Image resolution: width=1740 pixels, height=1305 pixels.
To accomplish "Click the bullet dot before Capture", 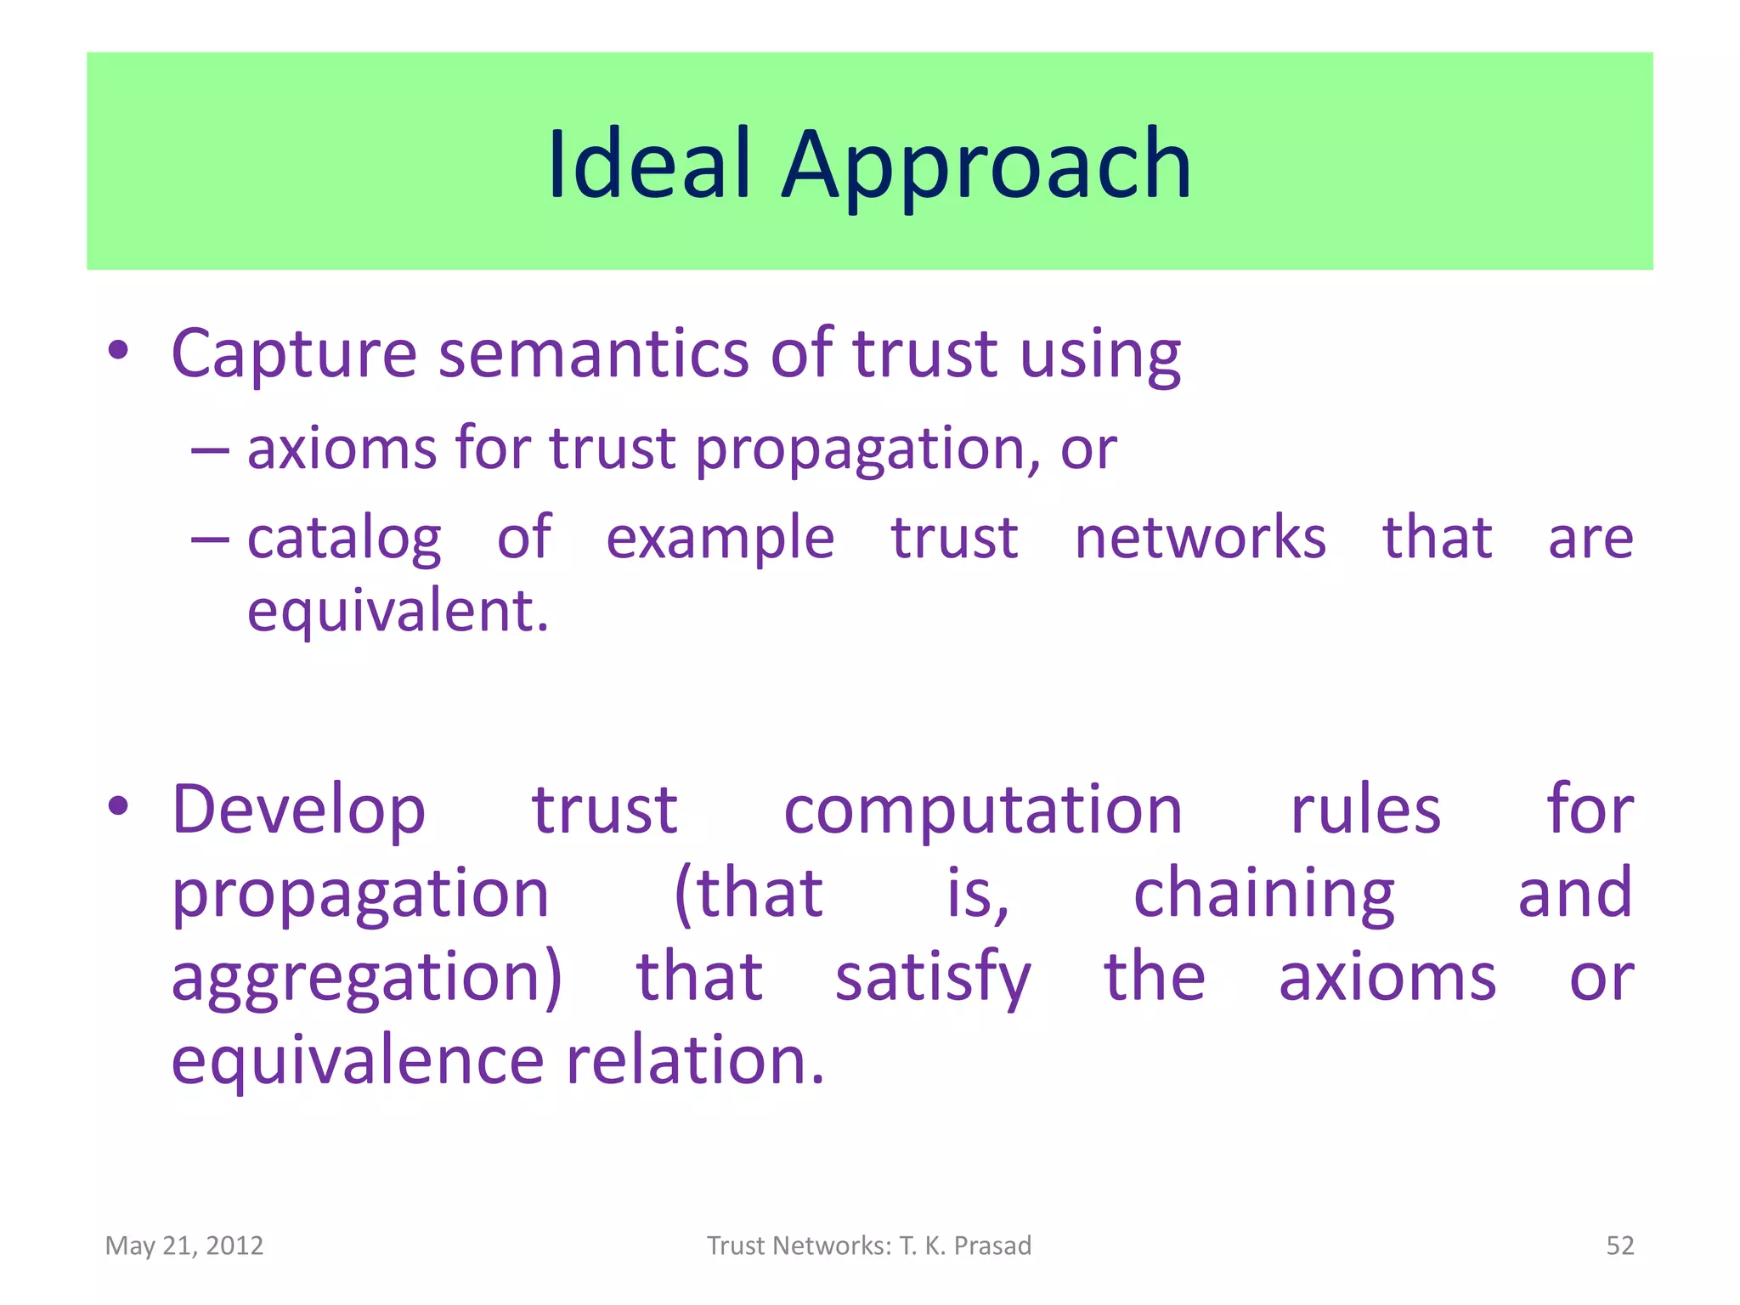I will [118, 351].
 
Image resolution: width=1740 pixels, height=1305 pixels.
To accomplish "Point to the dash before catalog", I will [210, 539].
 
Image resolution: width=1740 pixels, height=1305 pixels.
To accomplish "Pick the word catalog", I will [344, 539].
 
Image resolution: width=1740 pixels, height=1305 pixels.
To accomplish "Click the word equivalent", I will [398, 612].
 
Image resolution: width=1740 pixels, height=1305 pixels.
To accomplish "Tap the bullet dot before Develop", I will [118, 806].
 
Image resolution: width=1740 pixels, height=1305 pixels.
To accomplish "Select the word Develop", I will [298, 810].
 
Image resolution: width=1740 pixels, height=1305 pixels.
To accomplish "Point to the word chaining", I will [1264, 894].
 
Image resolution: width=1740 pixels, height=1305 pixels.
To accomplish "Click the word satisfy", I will [933, 977].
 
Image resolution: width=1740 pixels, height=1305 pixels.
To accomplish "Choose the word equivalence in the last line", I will [357, 1061].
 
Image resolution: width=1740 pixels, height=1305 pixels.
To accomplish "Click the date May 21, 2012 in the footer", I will [184, 1246].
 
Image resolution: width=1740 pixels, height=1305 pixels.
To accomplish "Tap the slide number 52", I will [1619, 1246].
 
